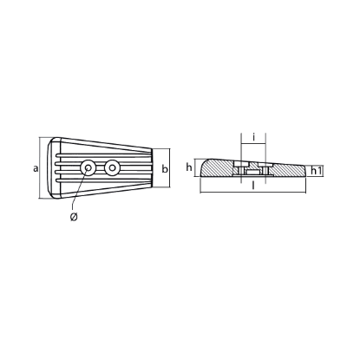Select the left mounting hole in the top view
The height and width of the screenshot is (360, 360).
(x=87, y=168)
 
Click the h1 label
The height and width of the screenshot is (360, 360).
(x=317, y=171)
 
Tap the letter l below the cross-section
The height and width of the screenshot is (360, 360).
(x=252, y=187)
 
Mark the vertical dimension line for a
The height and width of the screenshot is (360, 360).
(x=43, y=169)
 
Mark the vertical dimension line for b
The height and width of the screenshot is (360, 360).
(x=157, y=169)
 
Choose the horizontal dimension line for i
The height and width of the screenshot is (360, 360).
(x=252, y=145)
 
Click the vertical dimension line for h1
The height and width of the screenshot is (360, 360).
(x=307, y=172)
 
